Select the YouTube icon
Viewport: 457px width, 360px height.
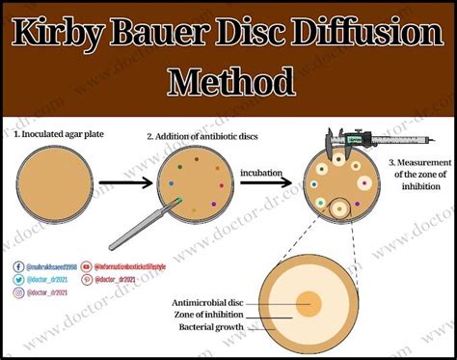click(88, 264)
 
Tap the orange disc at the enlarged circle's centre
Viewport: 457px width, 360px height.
click(308, 305)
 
